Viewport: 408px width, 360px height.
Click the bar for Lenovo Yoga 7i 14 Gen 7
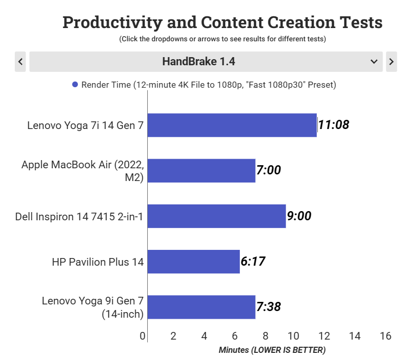tap(232, 125)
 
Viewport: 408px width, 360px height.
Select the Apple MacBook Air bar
tap(201, 170)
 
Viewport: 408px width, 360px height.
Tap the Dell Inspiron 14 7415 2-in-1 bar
tap(216, 216)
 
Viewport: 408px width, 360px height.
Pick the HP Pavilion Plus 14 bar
tap(194, 262)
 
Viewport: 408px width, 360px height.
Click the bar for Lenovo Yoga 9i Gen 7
tap(201, 307)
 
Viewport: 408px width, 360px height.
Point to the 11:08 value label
tap(334, 124)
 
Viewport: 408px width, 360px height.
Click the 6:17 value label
tap(253, 262)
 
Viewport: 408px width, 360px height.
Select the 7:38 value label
tap(268, 307)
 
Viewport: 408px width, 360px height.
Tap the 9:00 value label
tap(299, 216)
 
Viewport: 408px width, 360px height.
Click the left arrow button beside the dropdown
tap(21, 62)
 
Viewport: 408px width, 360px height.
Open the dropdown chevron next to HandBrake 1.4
tap(374, 62)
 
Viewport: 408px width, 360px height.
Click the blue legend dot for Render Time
tap(75, 85)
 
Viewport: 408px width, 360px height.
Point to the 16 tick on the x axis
tap(386, 336)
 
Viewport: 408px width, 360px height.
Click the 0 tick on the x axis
tap(143, 336)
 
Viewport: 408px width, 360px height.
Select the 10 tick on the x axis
tap(294, 336)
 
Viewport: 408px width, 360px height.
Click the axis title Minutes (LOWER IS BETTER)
tap(272, 350)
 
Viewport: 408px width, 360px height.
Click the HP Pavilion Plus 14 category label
tap(98, 262)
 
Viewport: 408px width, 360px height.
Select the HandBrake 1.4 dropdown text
tap(199, 62)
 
